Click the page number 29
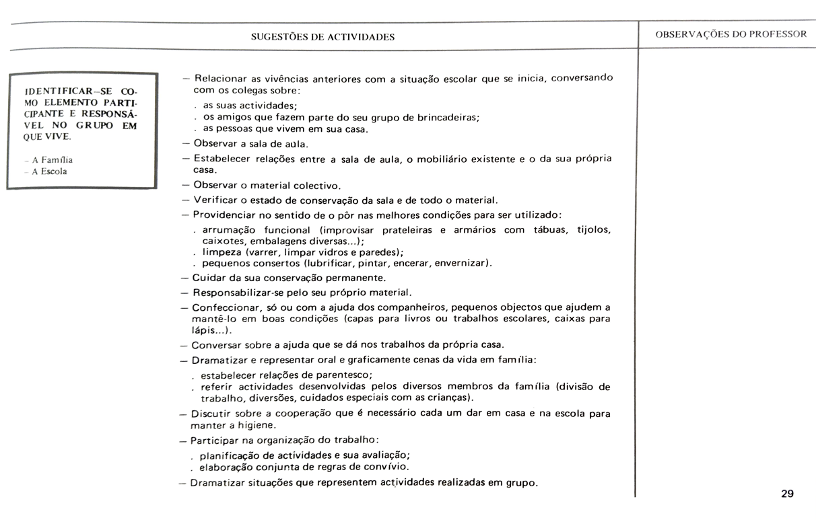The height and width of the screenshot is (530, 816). point(787,494)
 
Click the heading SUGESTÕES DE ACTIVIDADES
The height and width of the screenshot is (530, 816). point(322,37)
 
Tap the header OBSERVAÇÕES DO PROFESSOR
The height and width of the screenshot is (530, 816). point(730,34)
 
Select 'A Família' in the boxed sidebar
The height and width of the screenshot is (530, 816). point(53,160)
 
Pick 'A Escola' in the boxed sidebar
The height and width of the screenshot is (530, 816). point(50,172)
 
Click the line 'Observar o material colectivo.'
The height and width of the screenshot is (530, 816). point(267,185)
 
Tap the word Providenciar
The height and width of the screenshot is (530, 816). point(226,215)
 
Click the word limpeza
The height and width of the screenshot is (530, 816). point(222,252)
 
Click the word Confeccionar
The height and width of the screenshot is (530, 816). point(225,307)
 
